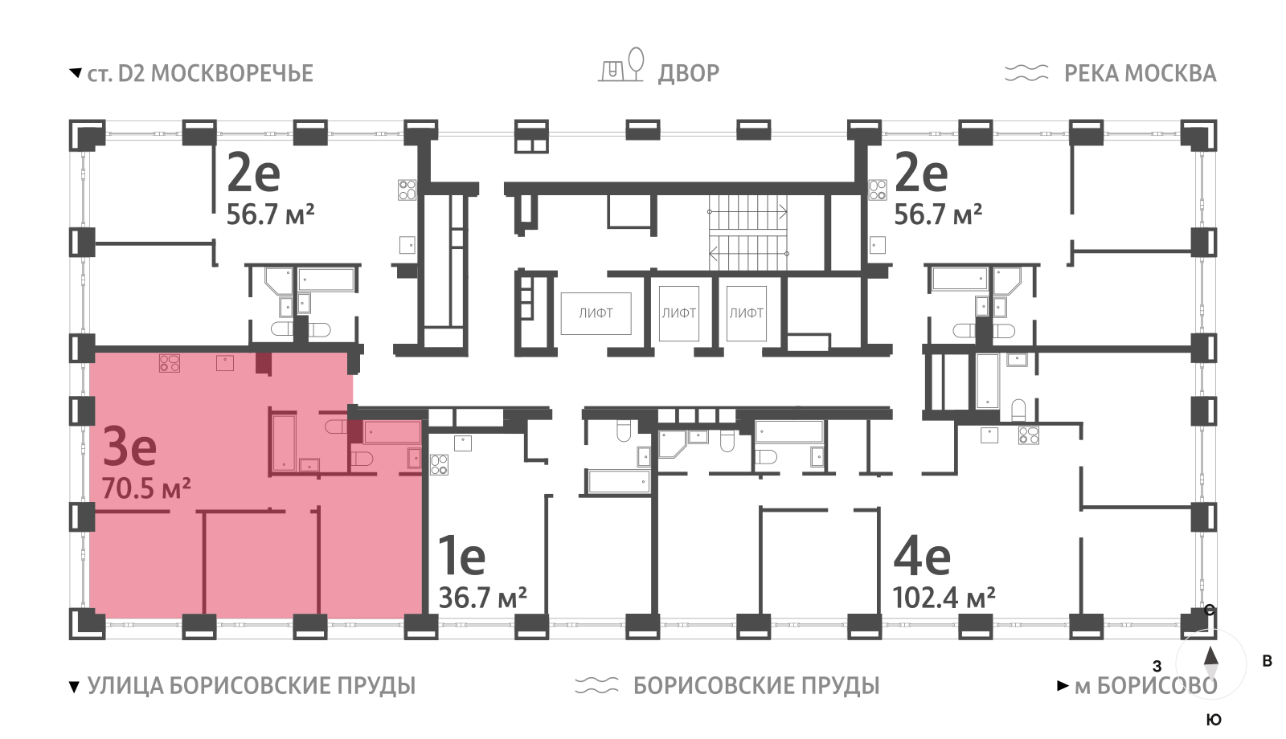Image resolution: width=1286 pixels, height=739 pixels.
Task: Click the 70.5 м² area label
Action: click(x=146, y=488)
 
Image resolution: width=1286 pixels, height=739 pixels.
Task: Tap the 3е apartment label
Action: click(x=129, y=447)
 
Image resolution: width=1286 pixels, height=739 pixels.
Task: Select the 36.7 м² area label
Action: click(x=482, y=598)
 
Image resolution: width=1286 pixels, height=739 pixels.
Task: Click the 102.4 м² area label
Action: click(x=944, y=598)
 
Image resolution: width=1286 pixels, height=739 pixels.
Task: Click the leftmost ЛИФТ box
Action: click(x=596, y=313)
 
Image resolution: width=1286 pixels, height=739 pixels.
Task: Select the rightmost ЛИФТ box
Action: click(x=746, y=313)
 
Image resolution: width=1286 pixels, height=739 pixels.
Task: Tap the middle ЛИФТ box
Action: click(x=678, y=313)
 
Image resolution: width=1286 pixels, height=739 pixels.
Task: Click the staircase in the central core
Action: click(x=747, y=233)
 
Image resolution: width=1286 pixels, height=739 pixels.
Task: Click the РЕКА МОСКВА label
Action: click(x=1140, y=73)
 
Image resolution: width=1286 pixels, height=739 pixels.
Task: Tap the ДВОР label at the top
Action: click(x=689, y=73)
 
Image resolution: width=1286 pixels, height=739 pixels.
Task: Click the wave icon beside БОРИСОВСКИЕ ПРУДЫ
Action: click(x=596, y=685)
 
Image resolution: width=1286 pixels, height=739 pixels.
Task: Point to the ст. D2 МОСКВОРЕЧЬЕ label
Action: click(x=199, y=73)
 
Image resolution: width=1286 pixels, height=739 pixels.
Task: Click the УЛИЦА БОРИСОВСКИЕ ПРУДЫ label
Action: click(x=251, y=685)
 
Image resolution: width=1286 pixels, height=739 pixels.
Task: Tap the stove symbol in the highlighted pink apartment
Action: click(x=170, y=363)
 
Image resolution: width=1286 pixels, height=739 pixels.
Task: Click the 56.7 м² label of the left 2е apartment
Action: click(x=270, y=214)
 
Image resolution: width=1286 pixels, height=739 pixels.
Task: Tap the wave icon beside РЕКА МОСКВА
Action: click(x=1026, y=73)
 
